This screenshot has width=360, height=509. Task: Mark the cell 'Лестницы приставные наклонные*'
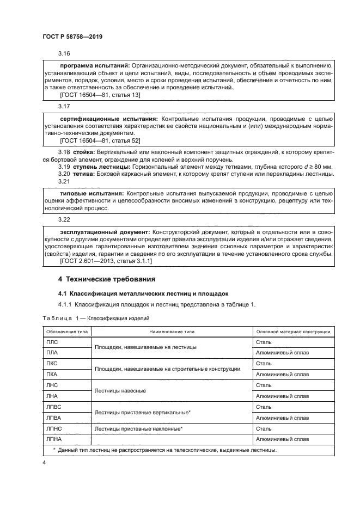pos(138,429)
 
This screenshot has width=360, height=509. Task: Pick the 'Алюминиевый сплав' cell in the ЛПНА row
pos(282,439)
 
